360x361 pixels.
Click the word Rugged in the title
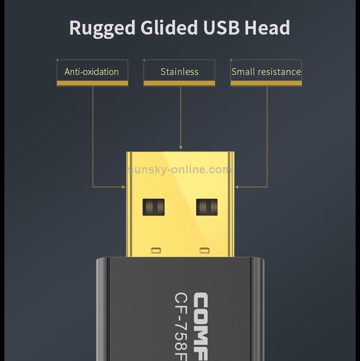(x=102, y=28)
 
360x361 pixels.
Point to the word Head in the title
(x=267, y=28)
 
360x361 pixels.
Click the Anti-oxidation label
(x=92, y=72)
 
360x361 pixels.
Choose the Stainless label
(x=179, y=72)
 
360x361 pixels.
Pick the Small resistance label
(x=266, y=72)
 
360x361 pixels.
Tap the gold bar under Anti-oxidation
(x=92, y=84)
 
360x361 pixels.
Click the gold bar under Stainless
(x=179, y=84)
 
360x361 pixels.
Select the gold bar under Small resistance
(x=266, y=84)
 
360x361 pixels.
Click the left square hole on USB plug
(x=154, y=207)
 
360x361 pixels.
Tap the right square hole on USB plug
(x=207, y=207)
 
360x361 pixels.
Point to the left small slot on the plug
(x=155, y=250)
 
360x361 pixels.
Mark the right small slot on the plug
(x=205, y=250)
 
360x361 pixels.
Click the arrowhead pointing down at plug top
(x=180, y=148)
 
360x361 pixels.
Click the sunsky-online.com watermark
(x=180, y=169)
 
